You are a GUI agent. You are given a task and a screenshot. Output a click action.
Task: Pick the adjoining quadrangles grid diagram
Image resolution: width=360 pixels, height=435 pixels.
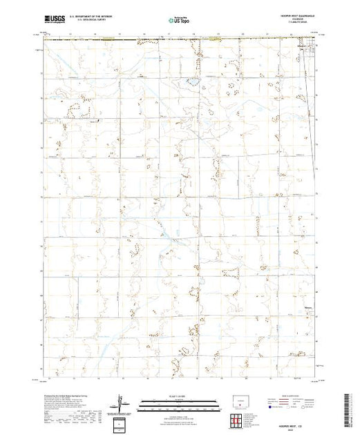coord(238,421)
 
